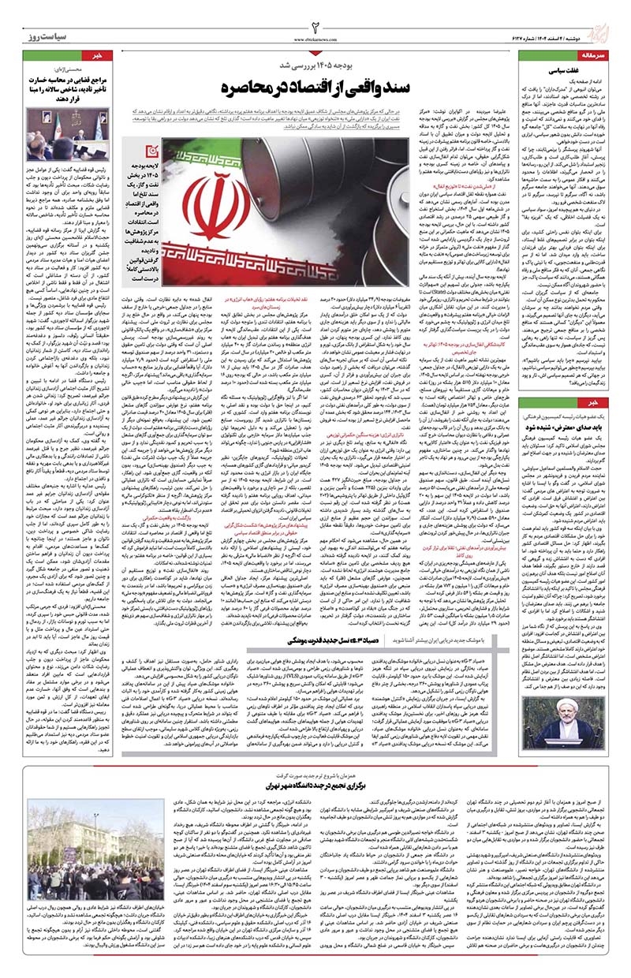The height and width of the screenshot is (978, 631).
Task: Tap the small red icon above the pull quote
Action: [x=140, y=153]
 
